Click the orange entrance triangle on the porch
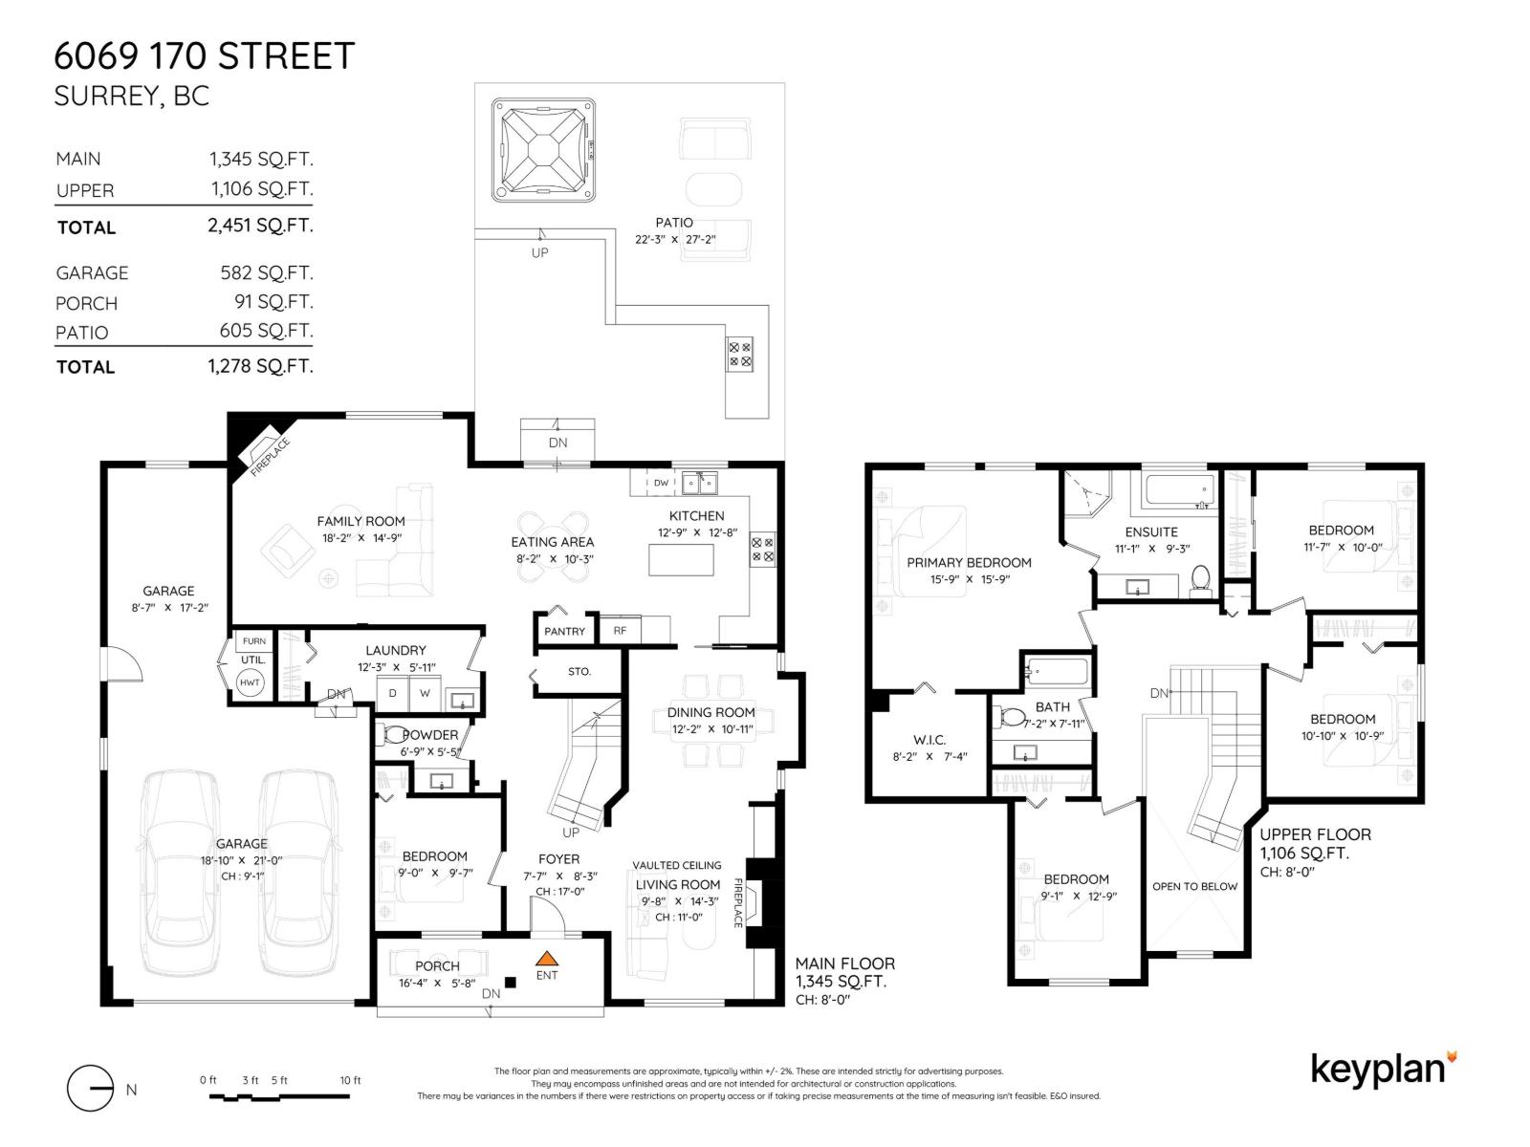[x=547, y=959]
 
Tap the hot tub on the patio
[x=543, y=150]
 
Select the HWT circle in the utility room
[x=250, y=682]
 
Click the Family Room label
[x=361, y=521]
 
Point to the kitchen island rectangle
[x=681, y=560]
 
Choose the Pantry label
[x=564, y=632]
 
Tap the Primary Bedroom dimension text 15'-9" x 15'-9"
[x=970, y=579]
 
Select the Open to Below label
[x=1194, y=887]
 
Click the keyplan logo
[x=1384, y=1070]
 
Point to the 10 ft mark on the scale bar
[x=350, y=1080]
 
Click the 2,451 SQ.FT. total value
[x=261, y=225]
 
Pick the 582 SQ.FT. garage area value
[x=267, y=272]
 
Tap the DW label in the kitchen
[x=661, y=483]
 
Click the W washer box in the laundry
[x=425, y=693]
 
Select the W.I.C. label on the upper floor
[x=929, y=740]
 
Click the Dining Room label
[x=711, y=712]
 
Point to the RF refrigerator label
[x=620, y=630]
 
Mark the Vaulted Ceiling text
[x=677, y=865]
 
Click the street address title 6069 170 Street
[x=205, y=55]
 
